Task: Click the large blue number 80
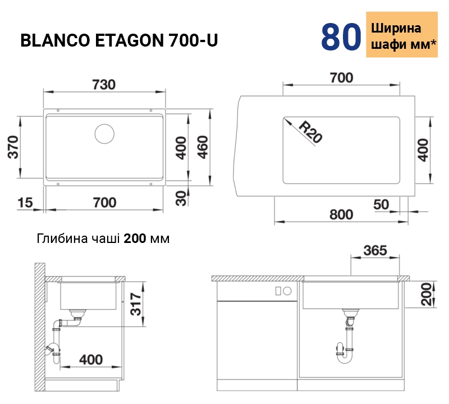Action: click(341, 37)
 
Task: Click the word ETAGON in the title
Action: click(129, 40)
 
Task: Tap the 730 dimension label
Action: click(104, 85)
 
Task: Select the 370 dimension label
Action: click(13, 147)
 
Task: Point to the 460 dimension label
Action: click(203, 147)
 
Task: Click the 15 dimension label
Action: click(25, 203)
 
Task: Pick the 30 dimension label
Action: click(181, 199)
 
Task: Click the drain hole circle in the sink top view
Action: click(104, 134)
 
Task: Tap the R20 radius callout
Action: click(310, 132)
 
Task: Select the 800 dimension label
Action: click(341, 214)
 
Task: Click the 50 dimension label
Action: click(381, 204)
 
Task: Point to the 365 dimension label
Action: click(375, 250)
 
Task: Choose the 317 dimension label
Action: click(136, 304)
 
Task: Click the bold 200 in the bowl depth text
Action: click(135, 238)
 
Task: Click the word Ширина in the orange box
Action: click(396, 28)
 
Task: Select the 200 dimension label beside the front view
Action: click(426, 295)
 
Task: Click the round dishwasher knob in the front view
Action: click(287, 291)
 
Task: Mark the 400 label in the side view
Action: click(91, 360)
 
